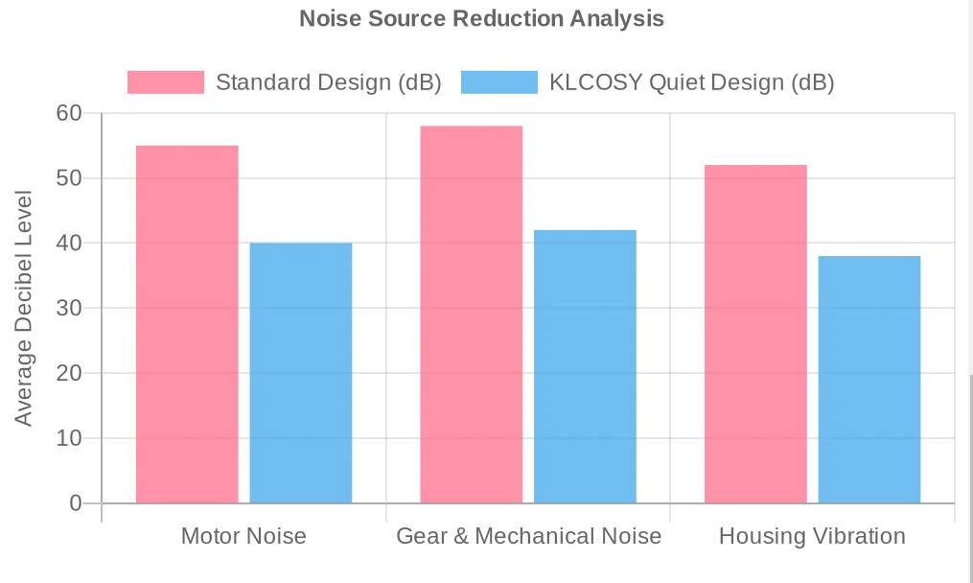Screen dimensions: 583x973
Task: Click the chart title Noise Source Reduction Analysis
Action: [481, 18]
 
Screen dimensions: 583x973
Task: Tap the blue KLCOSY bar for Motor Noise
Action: [301, 373]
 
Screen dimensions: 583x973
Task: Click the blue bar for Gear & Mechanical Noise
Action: [585, 366]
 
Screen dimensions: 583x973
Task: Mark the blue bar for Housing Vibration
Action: [869, 380]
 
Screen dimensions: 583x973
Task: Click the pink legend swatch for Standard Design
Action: [166, 82]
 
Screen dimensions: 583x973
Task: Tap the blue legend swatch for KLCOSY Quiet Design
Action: [499, 82]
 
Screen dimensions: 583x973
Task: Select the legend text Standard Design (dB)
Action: [329, 82]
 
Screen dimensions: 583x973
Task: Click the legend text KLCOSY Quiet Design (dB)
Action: [692, 82]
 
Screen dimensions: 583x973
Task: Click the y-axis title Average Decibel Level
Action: [24, 308]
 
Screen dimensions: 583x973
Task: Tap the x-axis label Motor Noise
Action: [243, 536]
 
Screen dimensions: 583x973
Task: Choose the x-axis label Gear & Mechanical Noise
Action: [529, 536]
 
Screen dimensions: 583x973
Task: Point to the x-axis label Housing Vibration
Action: [812, 536]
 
